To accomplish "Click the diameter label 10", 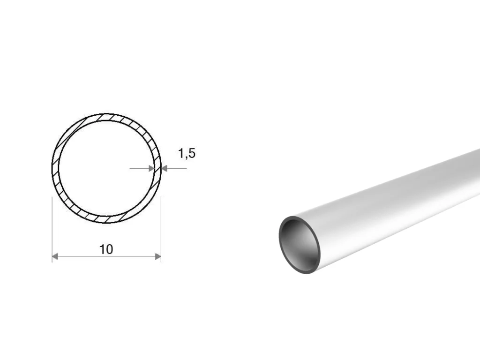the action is click(x=106, y=249).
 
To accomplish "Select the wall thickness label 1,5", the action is click(x=187, y=153).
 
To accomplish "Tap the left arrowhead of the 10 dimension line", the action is click(x=55, y=256).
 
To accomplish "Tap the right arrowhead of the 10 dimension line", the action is click(x=158, y=256).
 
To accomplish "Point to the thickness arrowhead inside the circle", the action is click(x=151, y=168).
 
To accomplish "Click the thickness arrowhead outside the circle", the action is click(x=165, y=168).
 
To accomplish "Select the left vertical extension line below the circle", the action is click(x=52, y=230).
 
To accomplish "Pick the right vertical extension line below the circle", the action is click(x=161, y=230).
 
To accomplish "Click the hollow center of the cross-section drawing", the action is click(x=106, y=168).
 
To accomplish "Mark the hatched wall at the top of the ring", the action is click(x=106, y=117).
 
